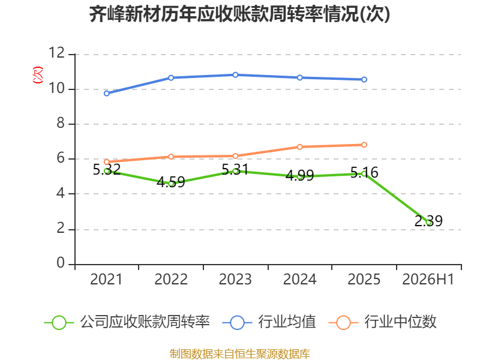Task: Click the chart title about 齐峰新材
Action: tap(239, 14)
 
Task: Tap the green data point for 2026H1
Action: tap(429, 223)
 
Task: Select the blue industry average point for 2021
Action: tap(107, 94)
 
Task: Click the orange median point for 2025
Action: tap(364, 145)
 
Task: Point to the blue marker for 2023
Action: tap(235, 75)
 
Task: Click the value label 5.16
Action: tap(364, 173)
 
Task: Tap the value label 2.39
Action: tap(428, 221)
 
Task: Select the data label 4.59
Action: tap(171, 182)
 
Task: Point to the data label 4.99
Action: tap(299, 175)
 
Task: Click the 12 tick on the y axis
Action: tap(57, 53)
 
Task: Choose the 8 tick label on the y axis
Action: tap(61, 123)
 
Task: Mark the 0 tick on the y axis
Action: tap(61, 263)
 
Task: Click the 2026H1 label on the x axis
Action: tap(428, 279)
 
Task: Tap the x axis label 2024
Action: tap(299, 279)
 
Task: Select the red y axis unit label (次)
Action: tap(38, 75)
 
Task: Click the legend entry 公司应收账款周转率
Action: tap(127, 322)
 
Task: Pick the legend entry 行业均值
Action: tap(269, 322)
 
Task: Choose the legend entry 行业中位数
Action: tap(383, 322)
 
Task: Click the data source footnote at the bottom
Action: tap(240, 354)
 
